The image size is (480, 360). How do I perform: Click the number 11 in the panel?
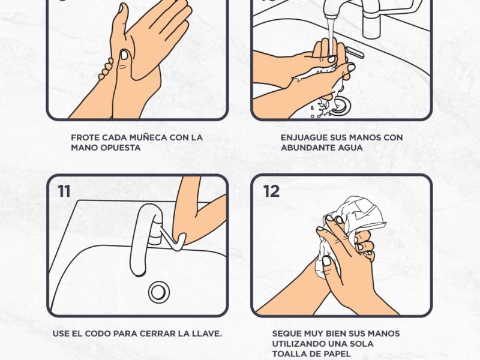click(x=64, y=191)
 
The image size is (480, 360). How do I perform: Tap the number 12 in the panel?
click(x=271, y=191)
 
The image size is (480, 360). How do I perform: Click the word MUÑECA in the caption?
click(x=148, y=137)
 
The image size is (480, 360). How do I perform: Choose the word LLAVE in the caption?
click(x=206, y=334)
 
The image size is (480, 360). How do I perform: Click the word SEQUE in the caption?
click(x=287, y=334)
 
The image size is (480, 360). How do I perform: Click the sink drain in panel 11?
click(x=159, y=292)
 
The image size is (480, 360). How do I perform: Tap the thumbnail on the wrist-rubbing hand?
click(x=124, y=55)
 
